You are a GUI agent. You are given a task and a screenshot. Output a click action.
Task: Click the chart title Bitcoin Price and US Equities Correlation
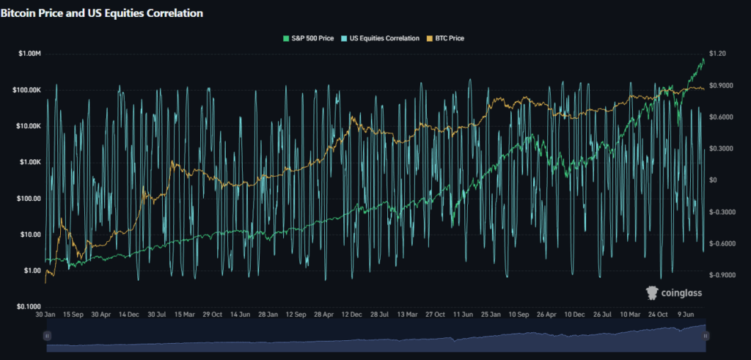(x=102, y=13)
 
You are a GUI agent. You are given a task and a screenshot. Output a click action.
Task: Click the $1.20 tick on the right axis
(x=717, y=54)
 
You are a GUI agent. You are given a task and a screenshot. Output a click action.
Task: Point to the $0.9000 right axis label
(x=721, y=86)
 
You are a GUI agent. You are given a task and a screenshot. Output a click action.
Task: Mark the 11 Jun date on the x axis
(x=462, y=314)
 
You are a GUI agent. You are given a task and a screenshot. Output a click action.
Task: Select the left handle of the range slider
(x=47, y=335)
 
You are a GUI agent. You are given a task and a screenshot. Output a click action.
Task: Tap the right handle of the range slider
(x=706, y=335)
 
